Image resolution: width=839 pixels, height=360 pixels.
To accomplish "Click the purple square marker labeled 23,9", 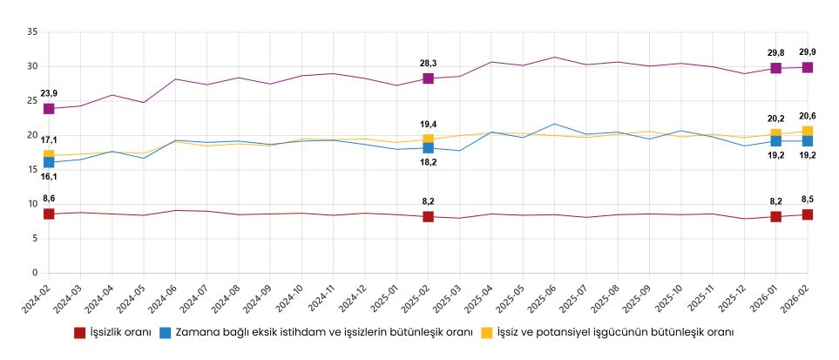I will (x=49, y=109).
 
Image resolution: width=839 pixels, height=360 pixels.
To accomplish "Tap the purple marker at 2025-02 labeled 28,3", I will (x=428, y=78).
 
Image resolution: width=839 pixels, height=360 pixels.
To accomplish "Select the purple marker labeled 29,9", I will (x=808, y=67).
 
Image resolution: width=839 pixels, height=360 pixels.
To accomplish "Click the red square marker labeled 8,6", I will (x=49, y=214).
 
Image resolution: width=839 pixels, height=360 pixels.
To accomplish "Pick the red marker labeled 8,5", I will (x=808, y=214).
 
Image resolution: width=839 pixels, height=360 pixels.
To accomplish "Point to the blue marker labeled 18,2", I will (x=428, y=148).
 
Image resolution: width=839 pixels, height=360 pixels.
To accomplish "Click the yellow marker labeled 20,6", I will (x=808, y=132).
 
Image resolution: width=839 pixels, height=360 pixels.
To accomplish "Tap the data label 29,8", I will (x=775, y=52).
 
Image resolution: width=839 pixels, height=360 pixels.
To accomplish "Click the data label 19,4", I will (x=428, y=125).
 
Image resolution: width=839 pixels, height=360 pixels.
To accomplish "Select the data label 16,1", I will (x=49, y=176).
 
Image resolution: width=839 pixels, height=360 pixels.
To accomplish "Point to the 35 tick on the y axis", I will (x=32, y=32).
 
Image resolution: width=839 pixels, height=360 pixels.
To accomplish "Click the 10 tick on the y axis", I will (x=32, y=204).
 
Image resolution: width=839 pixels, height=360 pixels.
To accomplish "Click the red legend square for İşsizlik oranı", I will (x=79, y=332).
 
